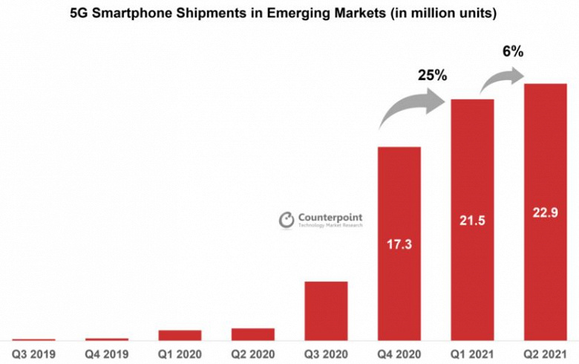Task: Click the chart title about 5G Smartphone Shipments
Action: (289, 13)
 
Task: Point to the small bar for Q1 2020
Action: (180, 335)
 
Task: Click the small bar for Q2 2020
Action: (253, 334)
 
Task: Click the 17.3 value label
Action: (399, 244)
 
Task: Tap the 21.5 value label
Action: (472, 220)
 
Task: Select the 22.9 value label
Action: (546, 212)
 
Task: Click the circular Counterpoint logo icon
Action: (287, 220)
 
